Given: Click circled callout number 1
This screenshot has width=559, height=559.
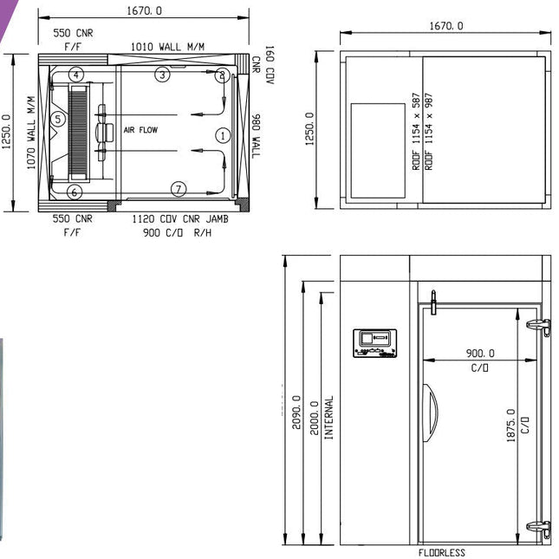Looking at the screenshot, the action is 223,135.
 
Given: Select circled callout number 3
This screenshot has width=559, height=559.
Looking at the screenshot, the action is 162,75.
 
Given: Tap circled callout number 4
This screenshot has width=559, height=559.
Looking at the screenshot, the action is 76,75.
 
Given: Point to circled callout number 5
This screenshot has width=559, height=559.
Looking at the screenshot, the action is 58,119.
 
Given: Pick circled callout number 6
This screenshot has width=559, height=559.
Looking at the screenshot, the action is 75,192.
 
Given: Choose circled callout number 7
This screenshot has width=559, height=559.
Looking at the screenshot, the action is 179,189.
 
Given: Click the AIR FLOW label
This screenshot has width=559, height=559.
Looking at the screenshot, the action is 140,130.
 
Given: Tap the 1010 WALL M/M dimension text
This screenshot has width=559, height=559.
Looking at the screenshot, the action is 167,47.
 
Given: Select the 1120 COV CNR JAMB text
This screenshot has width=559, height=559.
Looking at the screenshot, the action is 180,219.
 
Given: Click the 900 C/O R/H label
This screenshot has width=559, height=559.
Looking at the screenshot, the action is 177,233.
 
